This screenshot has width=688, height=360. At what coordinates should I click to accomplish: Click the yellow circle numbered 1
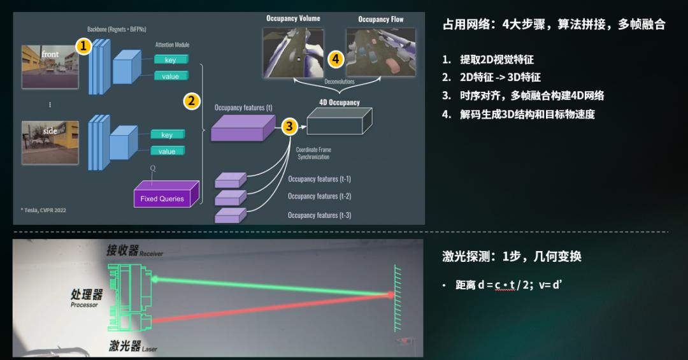click(83, 46)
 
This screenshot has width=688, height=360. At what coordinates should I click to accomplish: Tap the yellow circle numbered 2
click(191, 101)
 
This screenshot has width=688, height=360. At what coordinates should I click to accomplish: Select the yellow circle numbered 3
click(289, 126)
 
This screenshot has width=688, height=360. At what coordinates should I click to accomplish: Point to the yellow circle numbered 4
click(336, 59)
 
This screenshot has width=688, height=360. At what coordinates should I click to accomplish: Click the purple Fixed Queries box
click(166, 194)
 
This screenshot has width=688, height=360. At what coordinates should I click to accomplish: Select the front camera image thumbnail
click(50, 67)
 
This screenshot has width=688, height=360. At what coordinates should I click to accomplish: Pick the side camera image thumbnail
click(50, 143)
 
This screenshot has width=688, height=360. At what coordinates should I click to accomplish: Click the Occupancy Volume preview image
click(293, 52)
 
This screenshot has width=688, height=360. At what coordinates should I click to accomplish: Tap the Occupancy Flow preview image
click(380, 52)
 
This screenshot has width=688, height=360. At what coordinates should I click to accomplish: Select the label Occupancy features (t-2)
click(319, 196)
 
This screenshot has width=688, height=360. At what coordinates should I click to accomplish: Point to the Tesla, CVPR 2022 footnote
click(43, 210)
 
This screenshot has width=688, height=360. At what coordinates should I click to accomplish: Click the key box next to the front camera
click(171, 59)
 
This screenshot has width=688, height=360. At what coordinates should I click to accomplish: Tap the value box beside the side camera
click(168, 151)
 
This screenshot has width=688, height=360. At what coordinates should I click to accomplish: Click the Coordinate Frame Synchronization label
click(313, 153)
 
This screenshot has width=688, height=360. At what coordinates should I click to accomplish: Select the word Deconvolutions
click(339, 82)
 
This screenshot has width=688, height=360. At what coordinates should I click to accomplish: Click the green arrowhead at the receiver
click(155, 279)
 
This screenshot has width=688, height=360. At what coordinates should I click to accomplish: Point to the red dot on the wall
click(390, 295)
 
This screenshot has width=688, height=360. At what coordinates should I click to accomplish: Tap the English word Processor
click(84, 305)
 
